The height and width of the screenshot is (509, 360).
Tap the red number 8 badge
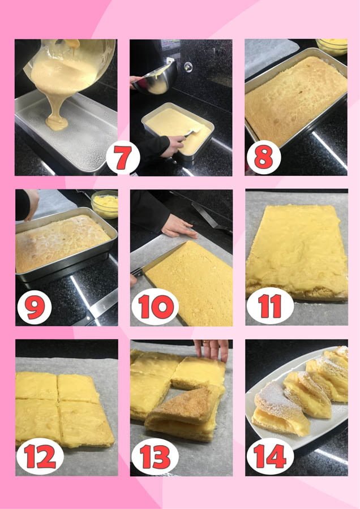264,157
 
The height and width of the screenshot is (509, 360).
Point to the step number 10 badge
155,307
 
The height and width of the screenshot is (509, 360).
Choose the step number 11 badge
270,306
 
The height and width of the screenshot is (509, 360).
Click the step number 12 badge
40,456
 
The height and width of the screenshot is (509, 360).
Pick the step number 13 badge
155,456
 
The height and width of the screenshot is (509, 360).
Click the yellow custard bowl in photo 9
105,204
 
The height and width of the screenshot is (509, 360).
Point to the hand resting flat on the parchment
178,226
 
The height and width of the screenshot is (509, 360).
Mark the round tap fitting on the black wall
188,67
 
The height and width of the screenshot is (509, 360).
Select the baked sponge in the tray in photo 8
296,100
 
